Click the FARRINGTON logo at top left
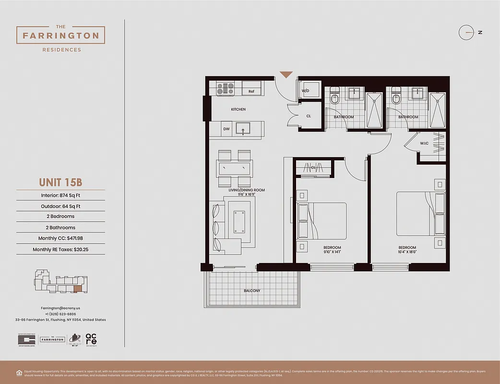coord(60,35)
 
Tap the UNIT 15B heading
coord(60,183)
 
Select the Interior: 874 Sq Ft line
coord(60,195)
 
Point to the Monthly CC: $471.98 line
coord(60,238)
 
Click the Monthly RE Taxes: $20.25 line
coord(60,250)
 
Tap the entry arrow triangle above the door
coord(286,74)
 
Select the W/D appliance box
coord(305,91)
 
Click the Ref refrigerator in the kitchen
coord(251,91)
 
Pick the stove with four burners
coord(225,88)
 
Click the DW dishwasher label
coord(226,129)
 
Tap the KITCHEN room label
coord(238,109)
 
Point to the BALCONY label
coord(252,291)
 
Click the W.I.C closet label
coord(424,143)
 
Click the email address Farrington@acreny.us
coord(60,308)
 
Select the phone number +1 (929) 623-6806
coord(60,314)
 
